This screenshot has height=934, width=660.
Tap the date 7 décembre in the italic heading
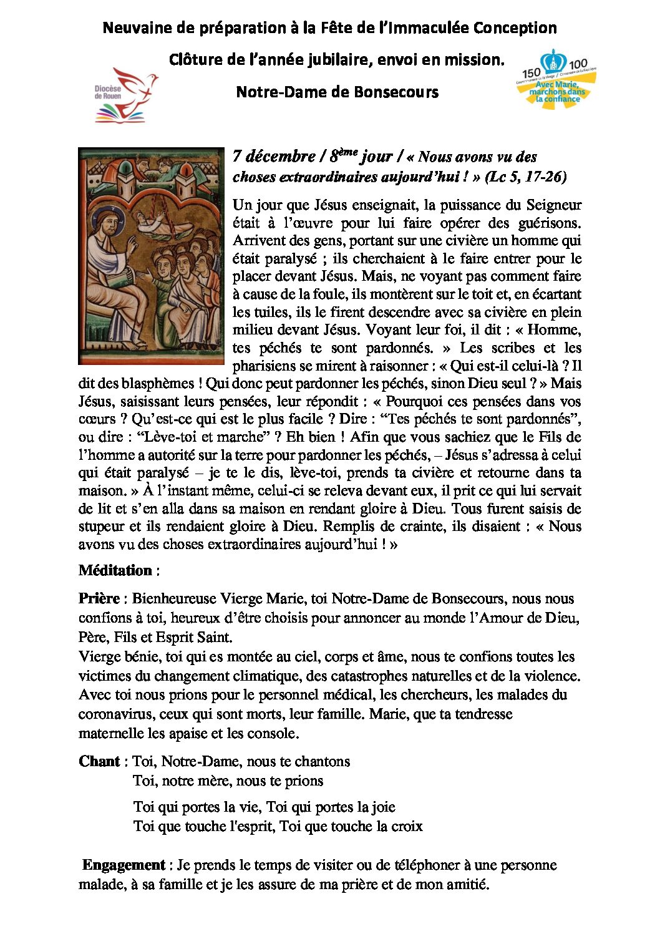pos(274,156)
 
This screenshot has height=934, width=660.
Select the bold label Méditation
pos(115,570)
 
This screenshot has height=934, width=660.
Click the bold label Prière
pos(99,598)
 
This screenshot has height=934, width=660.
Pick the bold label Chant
pos(99,761)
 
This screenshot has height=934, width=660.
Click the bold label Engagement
pos(124,865)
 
